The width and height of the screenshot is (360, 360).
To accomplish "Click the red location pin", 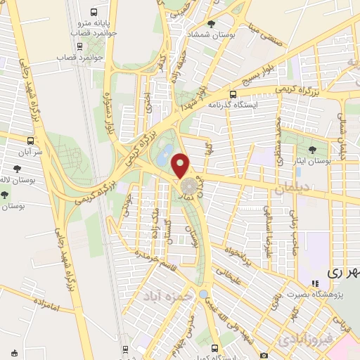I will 181,165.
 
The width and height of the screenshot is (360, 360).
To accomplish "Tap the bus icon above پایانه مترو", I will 94,13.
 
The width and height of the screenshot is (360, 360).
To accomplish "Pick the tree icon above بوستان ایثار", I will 312,150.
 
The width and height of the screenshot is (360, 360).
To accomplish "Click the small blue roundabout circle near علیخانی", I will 204,293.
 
